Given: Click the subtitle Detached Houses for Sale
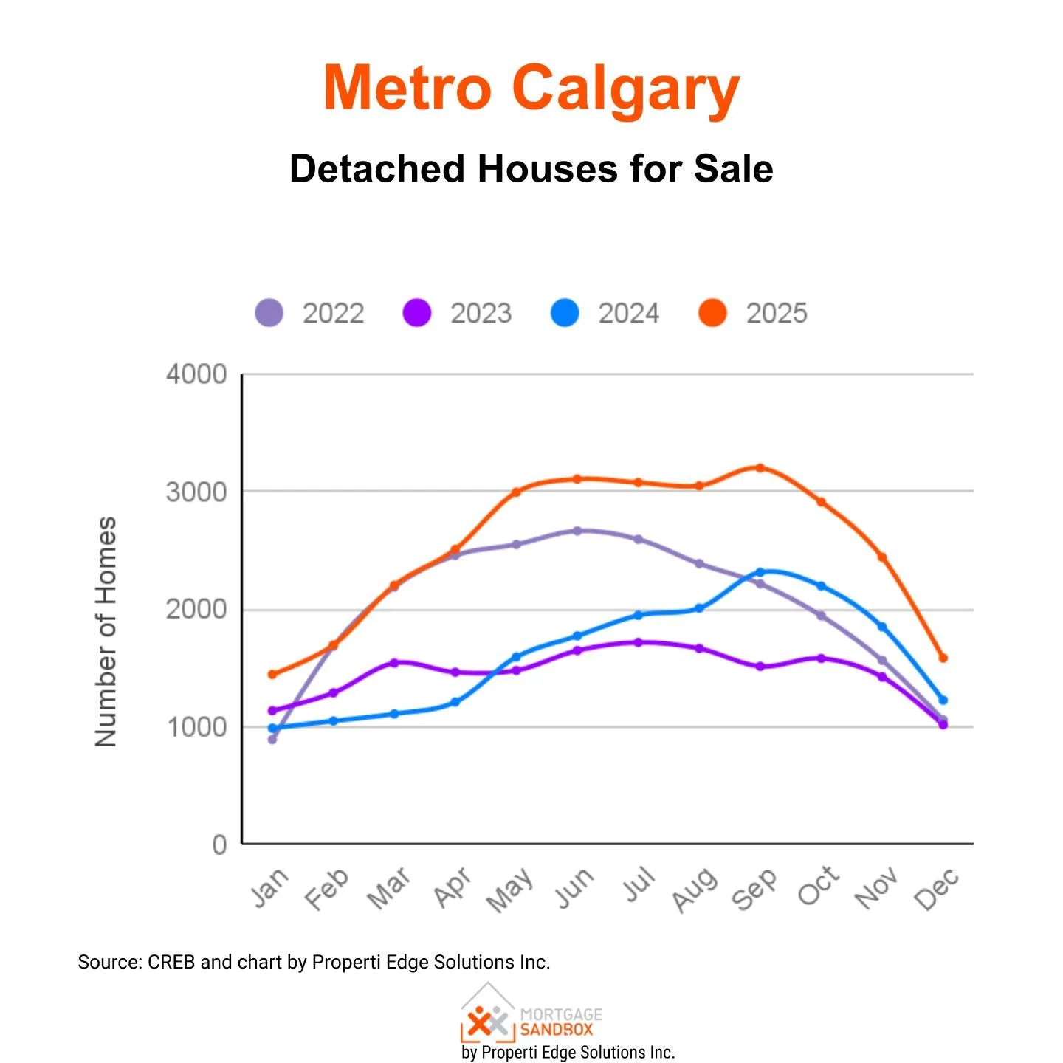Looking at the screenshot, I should [x=531, y=169].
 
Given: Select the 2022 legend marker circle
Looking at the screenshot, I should [x=269, y=313].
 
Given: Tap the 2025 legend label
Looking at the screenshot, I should [x=777, y=314].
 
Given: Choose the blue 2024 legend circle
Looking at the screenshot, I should [x=565, y=313].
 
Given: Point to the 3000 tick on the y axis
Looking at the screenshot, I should [x=196, y=492].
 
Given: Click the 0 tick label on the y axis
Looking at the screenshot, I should [x=219, y=844].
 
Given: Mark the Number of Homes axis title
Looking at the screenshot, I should [x=106, y=632].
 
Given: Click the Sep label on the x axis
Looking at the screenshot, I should [x=754, y=889].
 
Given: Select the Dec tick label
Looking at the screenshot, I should [x=937, y=889].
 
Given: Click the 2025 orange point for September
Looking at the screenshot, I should [x=760, y=468].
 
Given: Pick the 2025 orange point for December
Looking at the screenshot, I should [x=943, y=658].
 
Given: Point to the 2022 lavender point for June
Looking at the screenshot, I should [x=577, y=531].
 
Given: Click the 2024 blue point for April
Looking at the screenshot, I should [x=455, y=702].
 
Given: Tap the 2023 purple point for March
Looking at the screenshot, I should [x=394, y=663].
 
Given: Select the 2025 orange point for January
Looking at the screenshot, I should [x=272, y=674].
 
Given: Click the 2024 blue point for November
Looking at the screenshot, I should [x=881, y=627].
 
